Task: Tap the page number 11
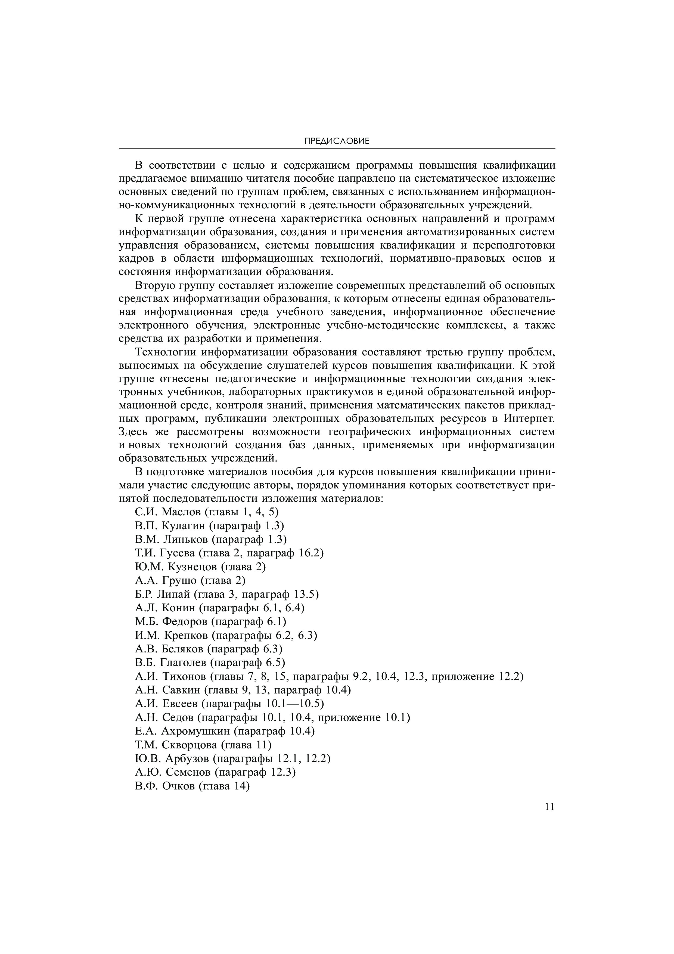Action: tap(549, 807)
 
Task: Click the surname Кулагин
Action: tap(183, 526)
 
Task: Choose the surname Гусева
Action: tap(179, 553)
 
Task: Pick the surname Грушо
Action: tap(178, 580)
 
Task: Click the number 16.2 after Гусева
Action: tap(311, 553)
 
